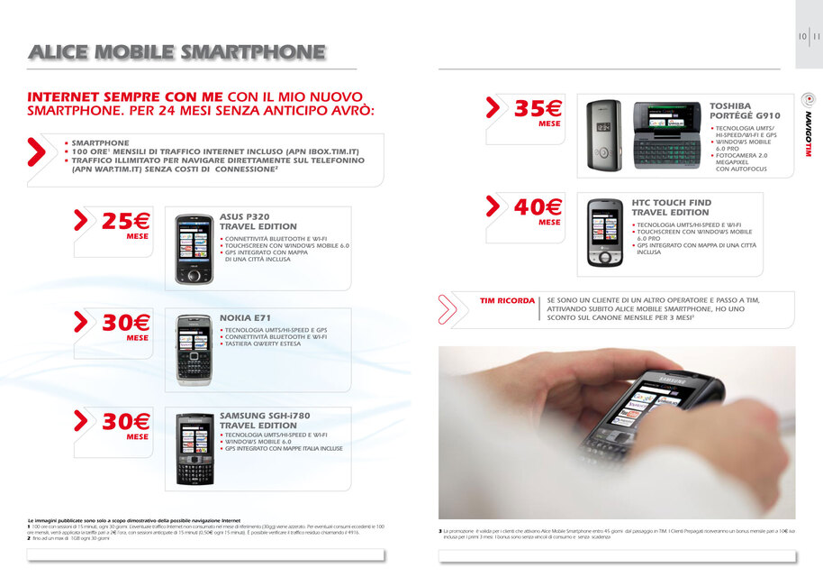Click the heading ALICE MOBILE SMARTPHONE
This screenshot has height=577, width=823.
[176, 52]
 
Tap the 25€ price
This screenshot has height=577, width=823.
[126, 221]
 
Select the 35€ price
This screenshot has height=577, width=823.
[538, 110]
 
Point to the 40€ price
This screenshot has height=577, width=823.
[538, 208]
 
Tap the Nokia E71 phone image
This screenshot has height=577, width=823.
[193, 350]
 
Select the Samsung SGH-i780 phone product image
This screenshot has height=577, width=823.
[193, 449]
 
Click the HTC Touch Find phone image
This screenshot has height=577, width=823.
[606, 233]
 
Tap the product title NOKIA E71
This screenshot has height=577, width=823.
[245, 318]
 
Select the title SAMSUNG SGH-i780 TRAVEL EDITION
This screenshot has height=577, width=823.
[265, 420]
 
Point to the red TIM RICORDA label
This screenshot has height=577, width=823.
[506, 300]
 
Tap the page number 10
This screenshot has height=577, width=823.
[801, 37]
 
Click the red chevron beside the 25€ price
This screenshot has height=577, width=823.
[81, 219]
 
